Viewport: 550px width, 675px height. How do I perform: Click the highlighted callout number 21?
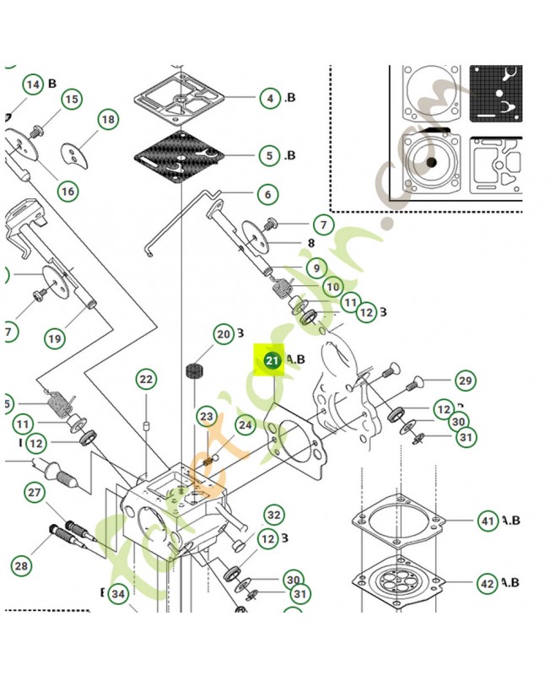coord(272,361)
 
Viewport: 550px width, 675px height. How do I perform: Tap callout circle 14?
coord(32,84)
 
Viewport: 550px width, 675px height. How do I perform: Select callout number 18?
coord(108,121)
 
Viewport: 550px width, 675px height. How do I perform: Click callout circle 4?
coord(269,98)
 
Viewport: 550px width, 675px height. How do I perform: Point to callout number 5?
coord(269,155)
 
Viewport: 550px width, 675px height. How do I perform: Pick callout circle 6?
coord(267,195)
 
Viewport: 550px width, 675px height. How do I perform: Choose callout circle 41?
coord(488,521)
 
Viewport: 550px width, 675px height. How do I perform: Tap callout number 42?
coord(488,583)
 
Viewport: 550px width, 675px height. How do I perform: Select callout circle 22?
coord(146,380)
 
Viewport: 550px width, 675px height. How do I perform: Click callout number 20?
coord(223,334)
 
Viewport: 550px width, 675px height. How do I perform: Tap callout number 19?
coord(54,339)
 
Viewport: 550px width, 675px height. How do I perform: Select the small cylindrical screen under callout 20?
coord(196,371)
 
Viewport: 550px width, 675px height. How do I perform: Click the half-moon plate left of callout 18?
coord(73,154)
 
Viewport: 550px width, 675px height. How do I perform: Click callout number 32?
coord(272,515)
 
